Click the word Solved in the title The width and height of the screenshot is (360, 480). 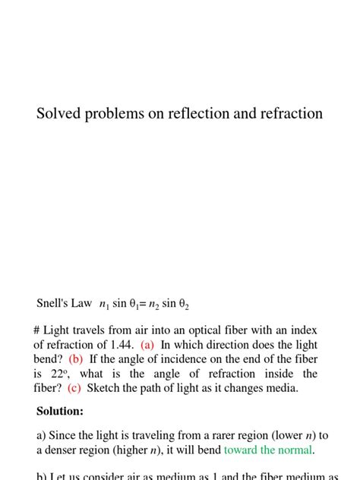[59, 114]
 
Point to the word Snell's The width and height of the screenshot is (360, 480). [53, 303]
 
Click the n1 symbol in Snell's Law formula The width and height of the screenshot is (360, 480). [104, 305]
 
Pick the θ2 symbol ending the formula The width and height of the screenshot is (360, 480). [183, 305]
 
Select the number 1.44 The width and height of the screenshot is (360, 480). [122, 345]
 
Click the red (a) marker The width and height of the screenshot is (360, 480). [147, 345]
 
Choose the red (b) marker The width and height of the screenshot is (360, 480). [76, 359]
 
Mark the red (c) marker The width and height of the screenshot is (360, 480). [74, 388]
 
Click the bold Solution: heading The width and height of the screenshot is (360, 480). [60, 412]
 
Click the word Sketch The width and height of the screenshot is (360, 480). [105, 388]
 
